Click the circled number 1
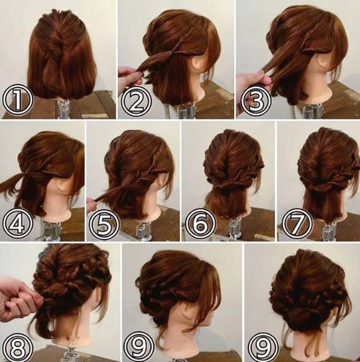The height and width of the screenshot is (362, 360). tap(18, 101)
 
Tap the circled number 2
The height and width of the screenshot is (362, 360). tap(136, 101)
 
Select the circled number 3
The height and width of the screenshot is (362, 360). tap(256, 101)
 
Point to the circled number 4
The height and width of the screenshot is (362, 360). tap(18, 224)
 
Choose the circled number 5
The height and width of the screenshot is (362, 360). tap(104, 224)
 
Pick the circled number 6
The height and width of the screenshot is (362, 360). tap(200, 224)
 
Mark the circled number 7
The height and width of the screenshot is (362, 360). tap(297, 224)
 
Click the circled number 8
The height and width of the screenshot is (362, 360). tap(18, 346)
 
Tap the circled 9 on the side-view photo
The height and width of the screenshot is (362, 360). tap(139, 346)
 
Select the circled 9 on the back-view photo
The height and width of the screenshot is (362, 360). tap(263, 346)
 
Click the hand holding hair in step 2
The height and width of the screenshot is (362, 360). tap(131, 76)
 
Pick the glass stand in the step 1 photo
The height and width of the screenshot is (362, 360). tap(62, 109)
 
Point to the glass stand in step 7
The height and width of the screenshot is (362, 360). tap(330, 231)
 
